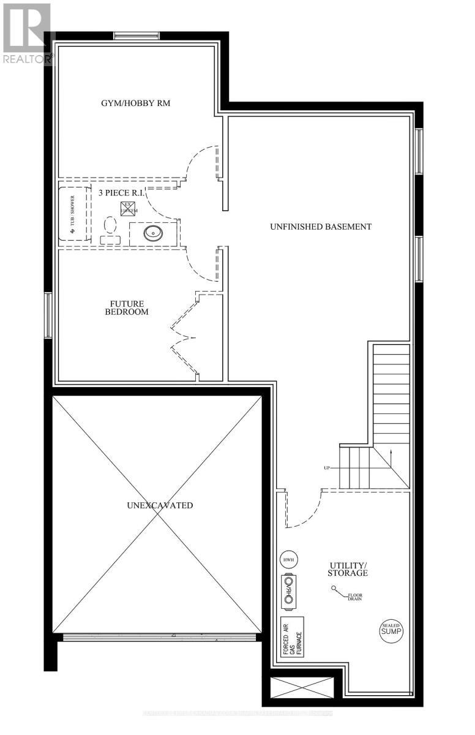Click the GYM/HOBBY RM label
(x=135, y=103)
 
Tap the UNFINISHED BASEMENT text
(x=321, y=226)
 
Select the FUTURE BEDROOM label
(x=129, y=307)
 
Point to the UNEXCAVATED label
(x=159, y=505)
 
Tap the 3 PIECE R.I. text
(x=121, y=192)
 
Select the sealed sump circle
(x=391, y=630)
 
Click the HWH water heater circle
(x=288, y=559)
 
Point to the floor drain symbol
(x=335, y=589)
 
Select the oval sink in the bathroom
(x=151, y=233)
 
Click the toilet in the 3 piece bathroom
(x=110, y=228)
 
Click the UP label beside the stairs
(x=327, y=468)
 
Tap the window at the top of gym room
(x=137, y=36)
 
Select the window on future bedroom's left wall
(x=48, y=315)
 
